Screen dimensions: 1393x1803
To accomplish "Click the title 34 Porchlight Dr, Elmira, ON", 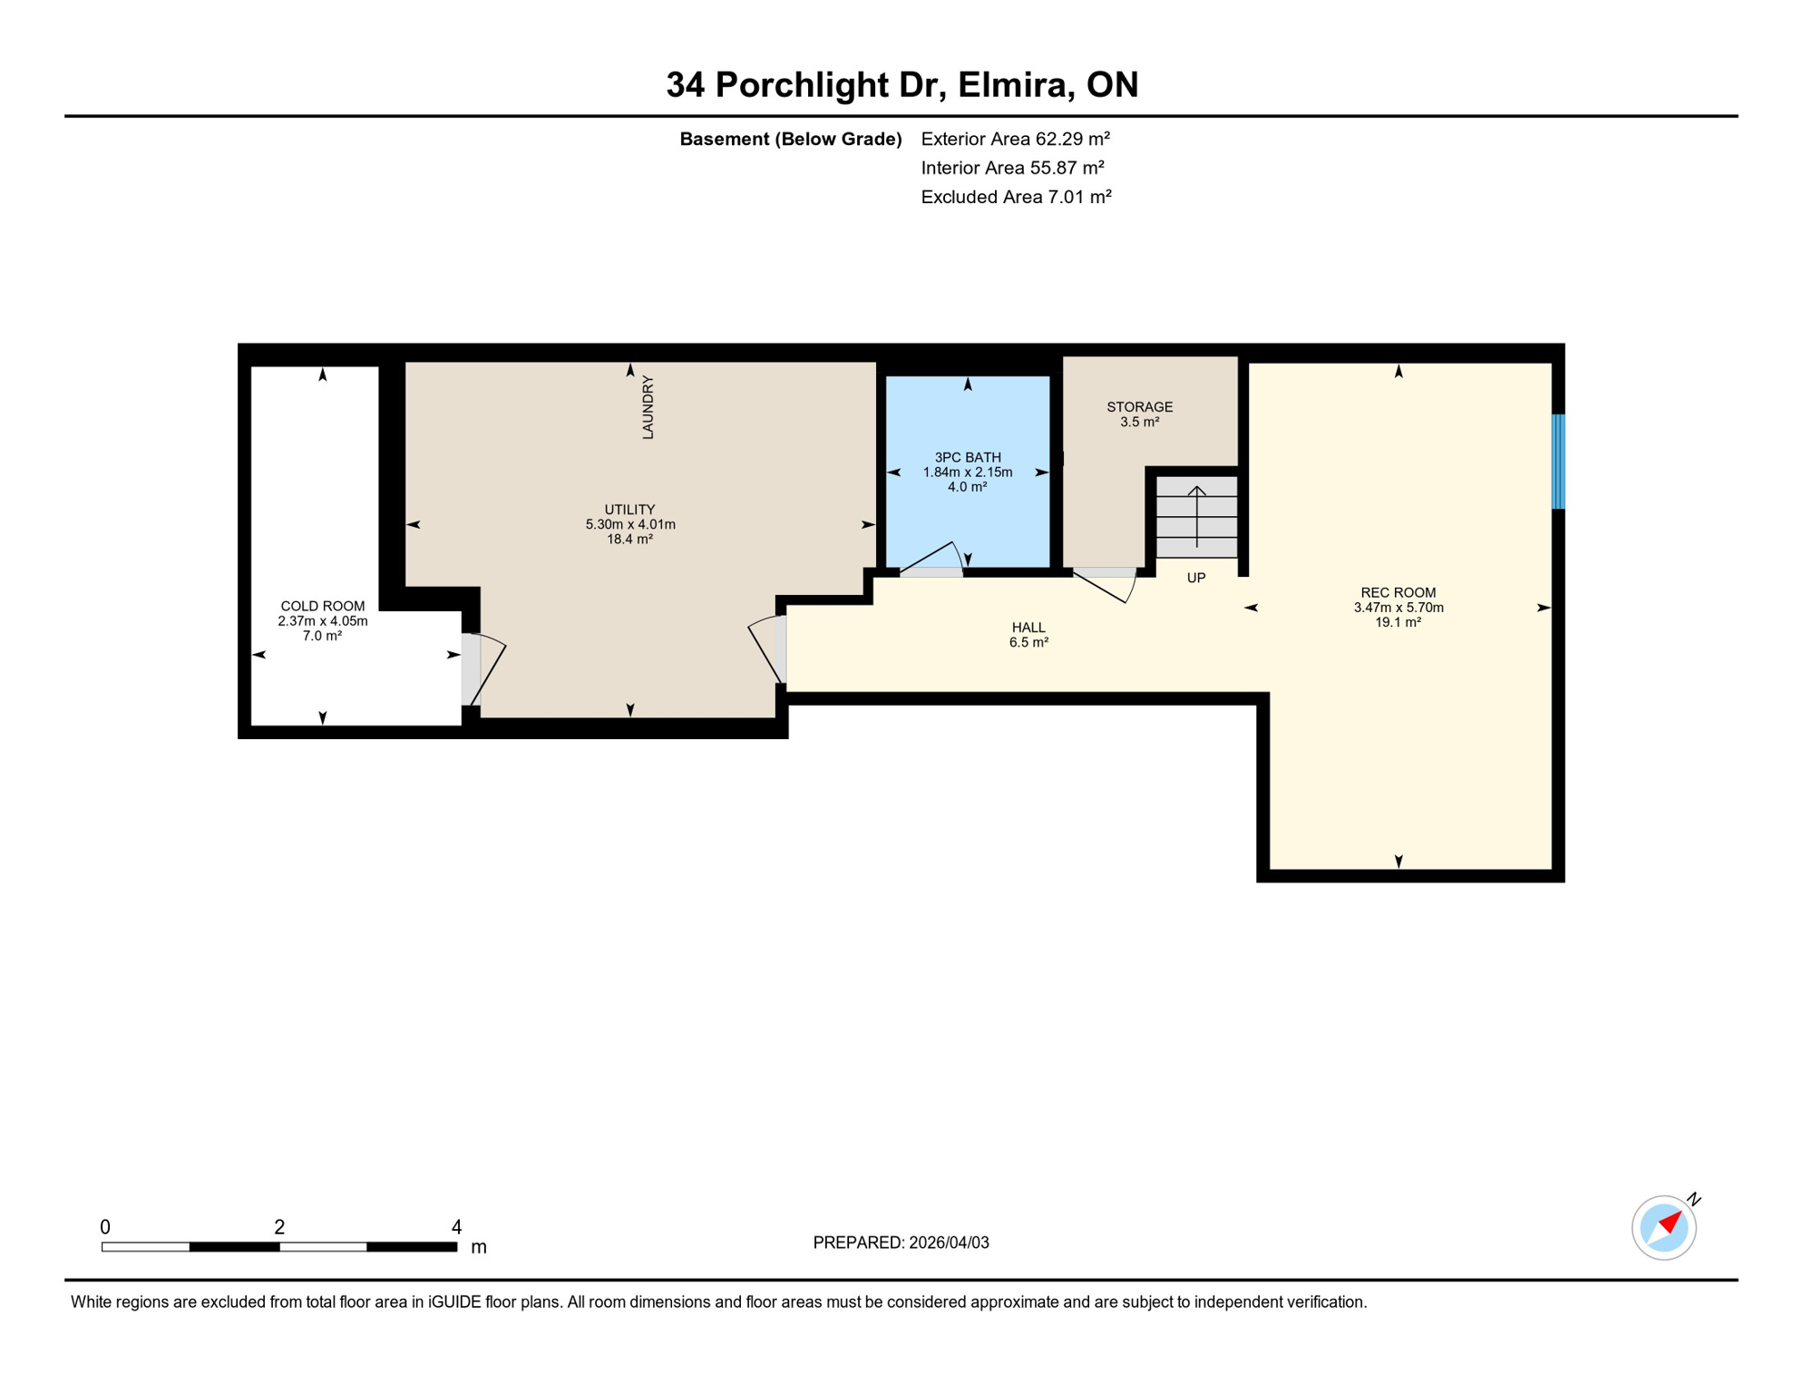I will [x=901, y=85].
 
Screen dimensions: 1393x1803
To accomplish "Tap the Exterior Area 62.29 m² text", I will [x=1015, y=139].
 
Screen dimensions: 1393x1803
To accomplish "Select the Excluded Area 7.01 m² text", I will [x=1016, y=197].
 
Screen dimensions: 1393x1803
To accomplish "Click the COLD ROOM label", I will [x=322, y=606].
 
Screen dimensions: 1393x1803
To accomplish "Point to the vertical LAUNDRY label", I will [x=648, y=408].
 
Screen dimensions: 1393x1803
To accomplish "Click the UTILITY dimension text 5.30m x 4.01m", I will [x=630, y=524].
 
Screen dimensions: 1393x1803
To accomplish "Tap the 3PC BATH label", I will [x=968, y=457].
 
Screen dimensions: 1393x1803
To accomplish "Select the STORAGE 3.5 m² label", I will [x=1139, y=414].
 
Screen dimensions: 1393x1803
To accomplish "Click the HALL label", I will [x=1028, y=628].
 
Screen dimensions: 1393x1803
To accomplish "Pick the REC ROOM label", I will [x=1398, y=593].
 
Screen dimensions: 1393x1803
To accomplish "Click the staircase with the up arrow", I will [x=1196, y=517].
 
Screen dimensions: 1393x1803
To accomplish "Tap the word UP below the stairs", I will [x=1196, y=578].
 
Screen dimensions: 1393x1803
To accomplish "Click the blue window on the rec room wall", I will [x=1558, y=461].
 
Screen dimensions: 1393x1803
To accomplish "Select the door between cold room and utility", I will [x=481, y=669].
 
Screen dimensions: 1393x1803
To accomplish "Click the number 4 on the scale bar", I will [x=456, y=1227].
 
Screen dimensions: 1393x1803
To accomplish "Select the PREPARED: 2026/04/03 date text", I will [x=901, y=1242].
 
